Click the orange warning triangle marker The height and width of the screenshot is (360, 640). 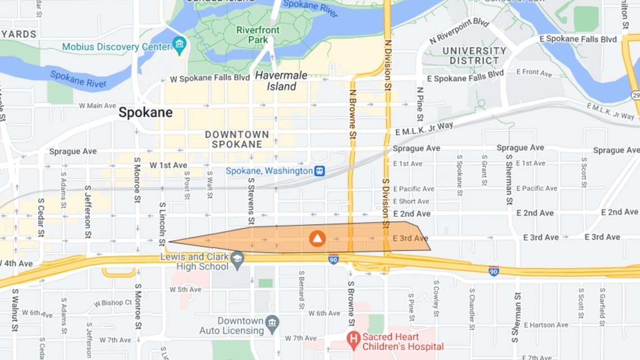[317, 239]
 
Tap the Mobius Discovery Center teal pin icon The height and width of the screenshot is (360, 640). [179, 45]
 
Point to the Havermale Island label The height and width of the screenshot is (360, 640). [276, 80]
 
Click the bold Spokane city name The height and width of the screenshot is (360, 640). [145, 113]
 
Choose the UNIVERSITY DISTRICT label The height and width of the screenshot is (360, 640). [474, 56]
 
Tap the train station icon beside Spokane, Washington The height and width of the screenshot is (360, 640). [319, 171]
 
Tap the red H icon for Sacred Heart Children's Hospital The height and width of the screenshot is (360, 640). [353, 338]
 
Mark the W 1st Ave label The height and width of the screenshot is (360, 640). [168, 165]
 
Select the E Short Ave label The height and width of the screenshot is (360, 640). [411, 201]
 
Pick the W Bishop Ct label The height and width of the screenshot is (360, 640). [113, 303]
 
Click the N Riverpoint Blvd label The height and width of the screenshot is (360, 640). [459, 30]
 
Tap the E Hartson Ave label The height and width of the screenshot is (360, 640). [546, 325]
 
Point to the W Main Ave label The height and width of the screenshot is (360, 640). [97, 106]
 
